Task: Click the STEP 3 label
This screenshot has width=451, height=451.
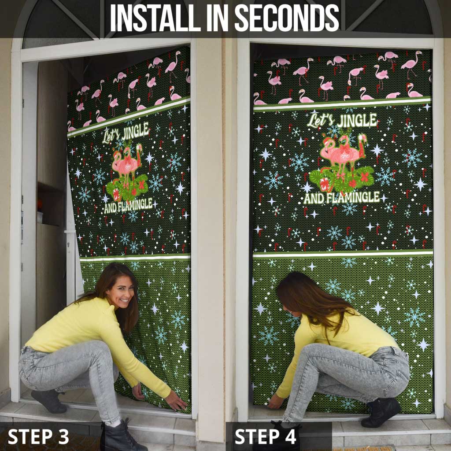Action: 39,436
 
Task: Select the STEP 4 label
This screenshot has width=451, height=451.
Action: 266,436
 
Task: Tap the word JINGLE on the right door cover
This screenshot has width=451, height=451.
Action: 355,120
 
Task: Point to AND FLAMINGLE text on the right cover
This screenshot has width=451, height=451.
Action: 341,197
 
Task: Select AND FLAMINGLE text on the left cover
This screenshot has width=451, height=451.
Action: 128,204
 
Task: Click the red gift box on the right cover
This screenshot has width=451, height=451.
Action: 325,184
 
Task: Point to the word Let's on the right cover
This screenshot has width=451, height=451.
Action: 321,121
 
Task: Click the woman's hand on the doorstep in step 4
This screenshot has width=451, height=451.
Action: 276,401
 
